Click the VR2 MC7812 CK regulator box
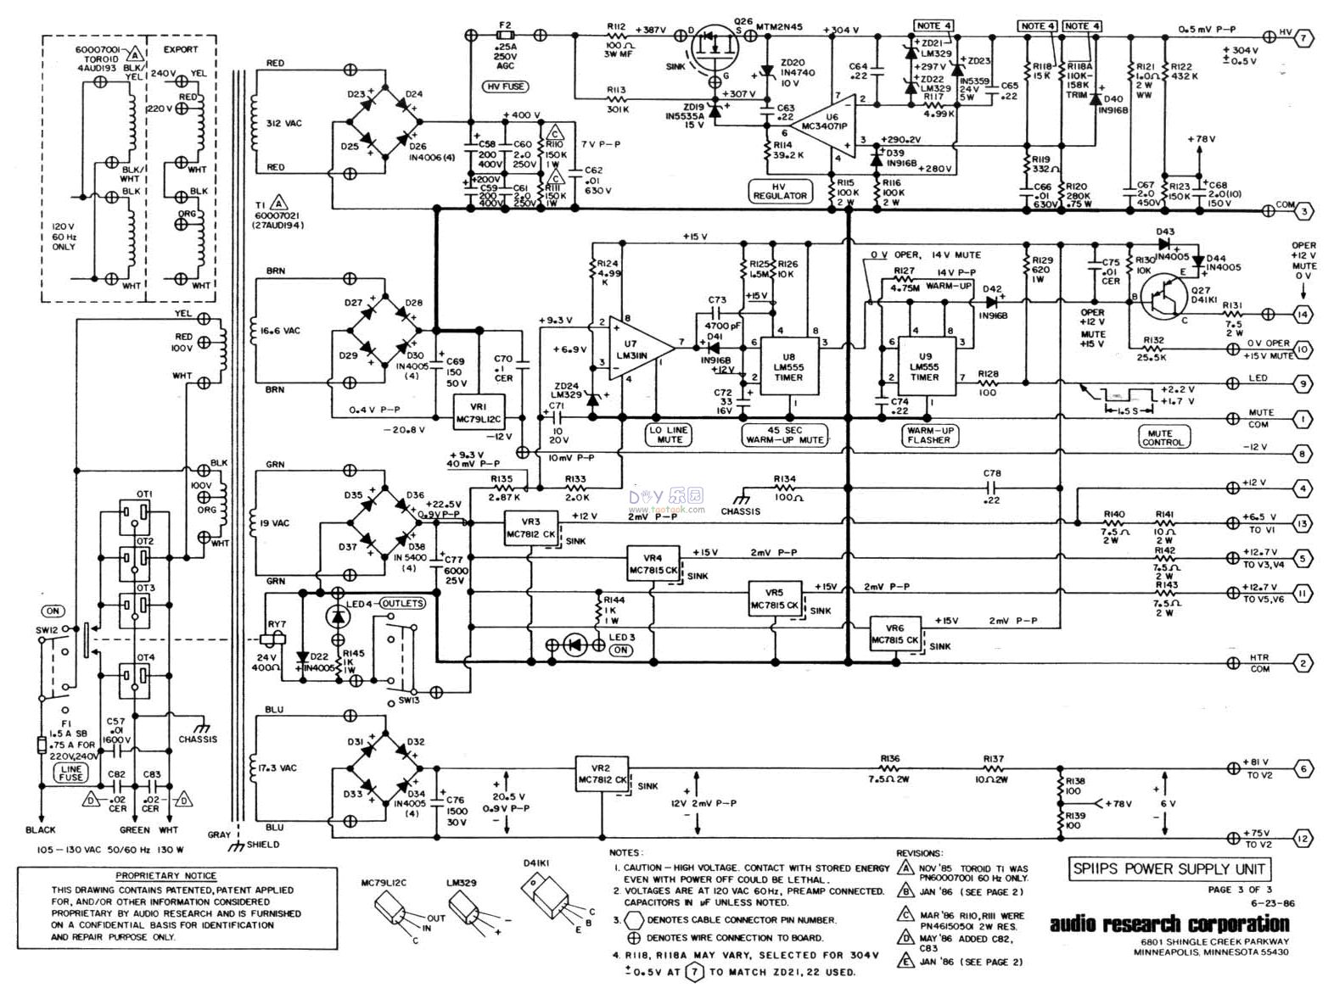point(603,773)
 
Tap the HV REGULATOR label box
point(780,190)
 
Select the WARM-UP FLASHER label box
point(929,435)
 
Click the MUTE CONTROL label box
point(1163,436)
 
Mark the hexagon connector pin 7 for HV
point(1305,36)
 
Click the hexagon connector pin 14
point(1305,315)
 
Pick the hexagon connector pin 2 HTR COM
point(1305,663)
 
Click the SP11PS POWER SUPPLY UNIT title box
point(1169,868)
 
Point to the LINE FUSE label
point(71,772)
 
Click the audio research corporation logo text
point(1169,924)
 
